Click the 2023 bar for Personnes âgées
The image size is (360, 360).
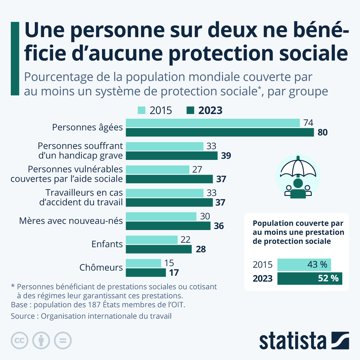[220, 132]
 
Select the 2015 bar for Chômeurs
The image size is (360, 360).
[143, 263]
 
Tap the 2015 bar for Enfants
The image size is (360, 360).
[151, 240]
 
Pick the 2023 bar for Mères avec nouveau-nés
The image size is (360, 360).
[168, 226]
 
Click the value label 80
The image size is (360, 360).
[322, 132]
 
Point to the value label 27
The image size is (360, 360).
[197, 169]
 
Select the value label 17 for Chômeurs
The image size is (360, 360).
[174, 273]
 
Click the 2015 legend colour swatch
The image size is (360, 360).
[142, 110]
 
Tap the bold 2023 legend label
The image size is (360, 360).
[210, 110]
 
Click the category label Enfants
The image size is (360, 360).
[107, 244]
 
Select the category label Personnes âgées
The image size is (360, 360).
[87, 127]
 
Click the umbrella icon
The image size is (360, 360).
[298, 177]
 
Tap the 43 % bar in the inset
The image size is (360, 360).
[304, 265]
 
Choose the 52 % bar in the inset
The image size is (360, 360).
[310, 278]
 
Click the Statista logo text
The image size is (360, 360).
[293, 341]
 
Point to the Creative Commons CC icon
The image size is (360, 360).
[19, 340]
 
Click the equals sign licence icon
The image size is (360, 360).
[63, 340]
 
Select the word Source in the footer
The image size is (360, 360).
[22, 316]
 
